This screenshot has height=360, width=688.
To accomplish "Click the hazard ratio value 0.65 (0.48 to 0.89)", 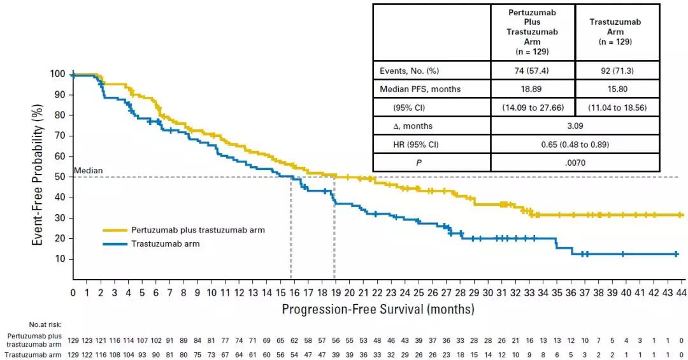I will [x=575, y=145].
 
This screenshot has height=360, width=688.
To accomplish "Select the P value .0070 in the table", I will [x=575, y=162].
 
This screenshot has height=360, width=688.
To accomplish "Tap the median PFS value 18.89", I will [x=533, y=89].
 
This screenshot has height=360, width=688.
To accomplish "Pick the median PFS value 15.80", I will [x=617, y=89].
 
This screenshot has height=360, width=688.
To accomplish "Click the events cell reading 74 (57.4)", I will [x=533, y=71].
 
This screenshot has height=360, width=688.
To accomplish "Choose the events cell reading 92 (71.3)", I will [x=617, y=71].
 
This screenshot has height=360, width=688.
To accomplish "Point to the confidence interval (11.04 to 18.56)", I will [x=617, y=108].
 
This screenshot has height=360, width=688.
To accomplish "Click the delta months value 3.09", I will [x=575, y=126].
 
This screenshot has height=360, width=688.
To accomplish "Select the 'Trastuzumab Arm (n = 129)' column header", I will [x=617, y=31].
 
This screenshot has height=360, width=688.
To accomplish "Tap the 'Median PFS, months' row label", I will [x=420, y=89].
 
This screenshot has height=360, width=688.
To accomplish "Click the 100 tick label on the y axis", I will [x=57, y=75].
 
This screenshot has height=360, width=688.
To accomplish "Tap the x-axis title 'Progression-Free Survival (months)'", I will [x=378, y=310].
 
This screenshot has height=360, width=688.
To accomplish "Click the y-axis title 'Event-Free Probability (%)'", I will [x=38, y=176].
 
